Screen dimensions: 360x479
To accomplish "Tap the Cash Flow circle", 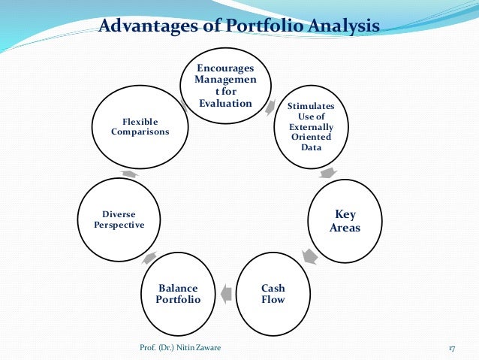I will pos(273,293).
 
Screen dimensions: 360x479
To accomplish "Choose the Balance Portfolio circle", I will pos(178,294).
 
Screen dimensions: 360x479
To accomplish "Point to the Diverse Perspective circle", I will pos(119,219).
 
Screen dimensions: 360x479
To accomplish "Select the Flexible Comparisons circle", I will pos(140,126).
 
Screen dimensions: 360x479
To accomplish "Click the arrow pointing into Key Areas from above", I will pos(327,173).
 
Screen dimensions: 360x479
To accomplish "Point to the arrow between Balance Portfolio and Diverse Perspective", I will pos(149,258).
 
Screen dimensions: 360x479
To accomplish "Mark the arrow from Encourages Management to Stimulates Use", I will pos(270,107).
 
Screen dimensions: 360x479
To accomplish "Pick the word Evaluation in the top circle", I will pos(224,103).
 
